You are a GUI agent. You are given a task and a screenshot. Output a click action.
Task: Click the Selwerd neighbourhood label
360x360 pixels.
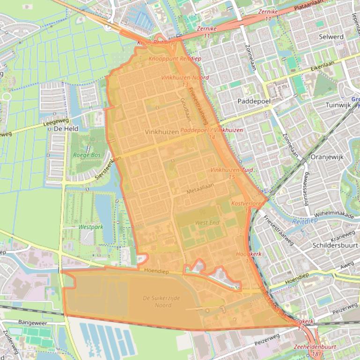click(331, 36)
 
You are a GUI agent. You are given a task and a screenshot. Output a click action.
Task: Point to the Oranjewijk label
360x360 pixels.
click(327, 157)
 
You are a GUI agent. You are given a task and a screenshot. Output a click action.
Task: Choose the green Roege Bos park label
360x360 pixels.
click(87, 155)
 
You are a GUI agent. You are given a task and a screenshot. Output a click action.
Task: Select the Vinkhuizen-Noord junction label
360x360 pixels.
click(185, 78)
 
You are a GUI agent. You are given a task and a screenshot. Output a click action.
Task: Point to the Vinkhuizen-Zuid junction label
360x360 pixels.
click(232, 170)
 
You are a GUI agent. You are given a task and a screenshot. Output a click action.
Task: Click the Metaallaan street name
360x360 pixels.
click(200, 192)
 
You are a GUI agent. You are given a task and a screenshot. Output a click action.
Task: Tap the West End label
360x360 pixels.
click(207, 223)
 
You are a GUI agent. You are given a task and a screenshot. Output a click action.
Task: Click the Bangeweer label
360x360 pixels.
click(33, 322)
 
